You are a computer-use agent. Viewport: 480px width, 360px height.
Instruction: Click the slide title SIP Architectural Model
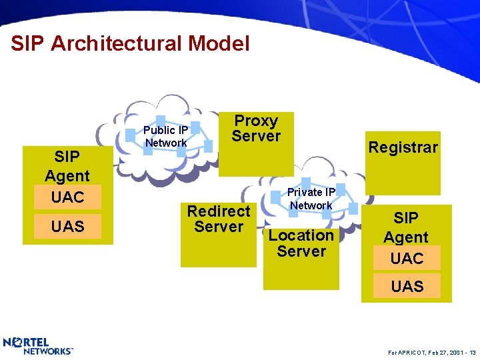[130, 44]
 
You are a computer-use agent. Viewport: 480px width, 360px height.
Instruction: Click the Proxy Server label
[257, 129]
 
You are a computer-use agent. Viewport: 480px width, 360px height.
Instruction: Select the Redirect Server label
[219, 219]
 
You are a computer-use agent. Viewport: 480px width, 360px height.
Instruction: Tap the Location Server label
[301, 243]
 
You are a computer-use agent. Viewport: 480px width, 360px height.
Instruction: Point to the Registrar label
[403, 147]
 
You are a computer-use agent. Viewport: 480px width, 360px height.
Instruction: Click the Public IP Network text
[166, 136]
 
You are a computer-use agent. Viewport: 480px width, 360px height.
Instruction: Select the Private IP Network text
[311, 199]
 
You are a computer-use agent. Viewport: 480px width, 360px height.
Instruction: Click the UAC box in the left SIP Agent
[67, 197]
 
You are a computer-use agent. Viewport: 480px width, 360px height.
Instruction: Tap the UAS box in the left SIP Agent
[67, 227]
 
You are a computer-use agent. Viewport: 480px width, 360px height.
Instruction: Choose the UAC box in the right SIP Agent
[407, 258]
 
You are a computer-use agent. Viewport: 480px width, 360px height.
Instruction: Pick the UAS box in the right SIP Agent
[407, 287]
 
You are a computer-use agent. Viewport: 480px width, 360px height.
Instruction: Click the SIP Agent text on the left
[67, 166]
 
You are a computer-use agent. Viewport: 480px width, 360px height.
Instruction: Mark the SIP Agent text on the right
[406, 227]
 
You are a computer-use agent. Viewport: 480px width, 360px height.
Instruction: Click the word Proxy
[257, 121]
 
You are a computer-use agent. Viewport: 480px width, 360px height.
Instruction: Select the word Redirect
[219, 211]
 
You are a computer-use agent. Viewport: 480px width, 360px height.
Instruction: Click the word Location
[301, 235]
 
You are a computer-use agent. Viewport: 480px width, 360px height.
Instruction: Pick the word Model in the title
[219, 44]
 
